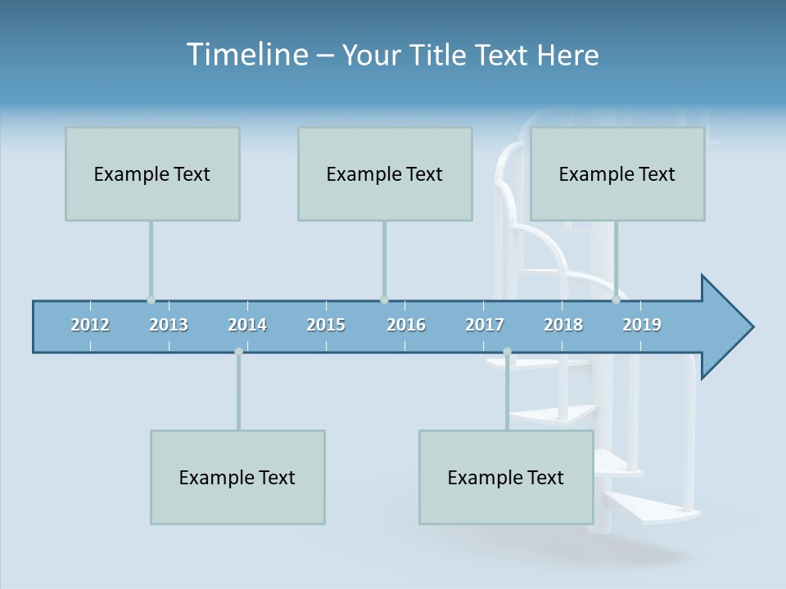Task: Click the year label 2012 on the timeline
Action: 90,325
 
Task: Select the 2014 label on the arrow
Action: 247,325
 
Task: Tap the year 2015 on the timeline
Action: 326,325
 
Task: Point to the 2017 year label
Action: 485,325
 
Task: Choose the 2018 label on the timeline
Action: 563,325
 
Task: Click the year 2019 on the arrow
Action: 642,325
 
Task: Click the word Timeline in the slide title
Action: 246,55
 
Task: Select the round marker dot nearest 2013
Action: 151,300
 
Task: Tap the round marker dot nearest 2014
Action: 238,352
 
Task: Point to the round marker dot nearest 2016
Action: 384,300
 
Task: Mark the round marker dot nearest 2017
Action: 507,352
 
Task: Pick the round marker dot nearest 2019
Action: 617,300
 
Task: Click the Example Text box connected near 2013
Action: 152,173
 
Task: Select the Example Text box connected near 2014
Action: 237,477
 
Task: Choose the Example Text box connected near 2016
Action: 385,173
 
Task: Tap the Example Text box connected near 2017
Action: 506,477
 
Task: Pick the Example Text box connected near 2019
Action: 617,173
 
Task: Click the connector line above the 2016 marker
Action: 384,260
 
